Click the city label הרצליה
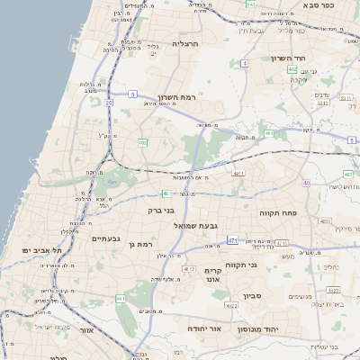(186, 43)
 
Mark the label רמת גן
(143, 244)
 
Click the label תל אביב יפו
(42, 249)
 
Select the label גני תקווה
(265, 265)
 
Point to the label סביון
(252, 294)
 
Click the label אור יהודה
(204, 329)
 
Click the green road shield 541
(250, 4)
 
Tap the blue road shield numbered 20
(108, 103)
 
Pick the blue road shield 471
(233, 240)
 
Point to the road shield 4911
(238, 173)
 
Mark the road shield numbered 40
(307, 183)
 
